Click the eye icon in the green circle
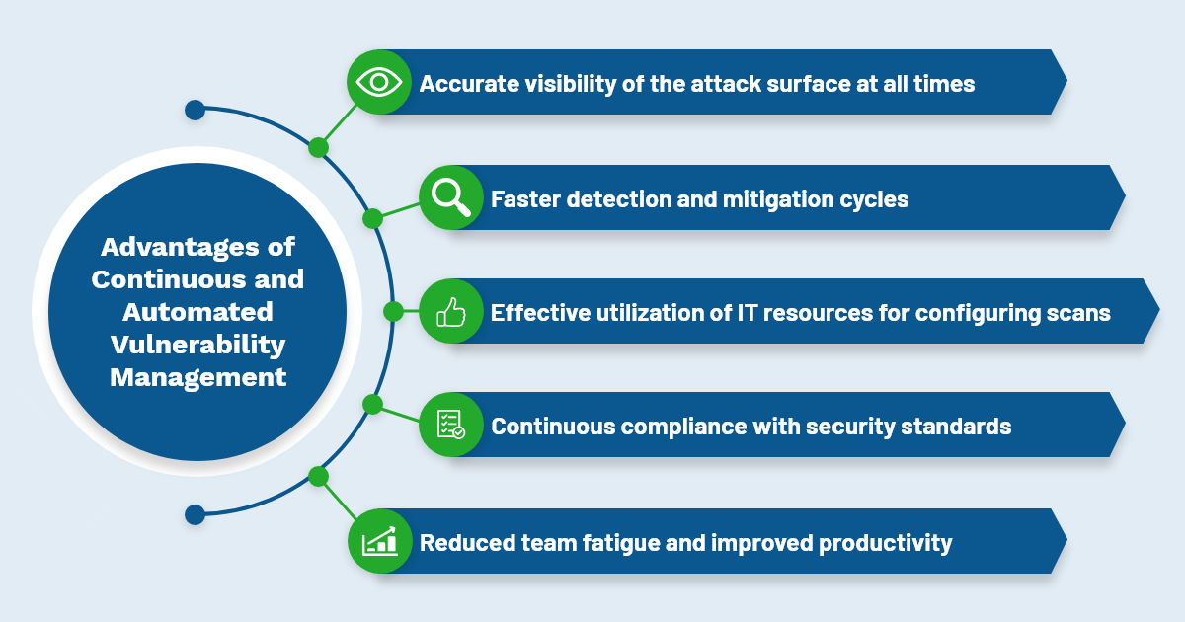[379, 83]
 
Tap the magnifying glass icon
[450, 197]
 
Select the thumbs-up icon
[450, 312]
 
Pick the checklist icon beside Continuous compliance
[450, 425]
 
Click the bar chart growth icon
[379, 541]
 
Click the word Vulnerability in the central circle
[197, 345]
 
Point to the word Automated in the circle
[197, 312]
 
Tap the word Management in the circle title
[197, 377]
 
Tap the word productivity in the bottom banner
[885, 543]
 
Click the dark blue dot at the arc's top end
[196, 110]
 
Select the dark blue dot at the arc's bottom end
[196, 514]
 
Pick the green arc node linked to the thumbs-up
[393, 312]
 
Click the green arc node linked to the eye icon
[318, 147]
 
